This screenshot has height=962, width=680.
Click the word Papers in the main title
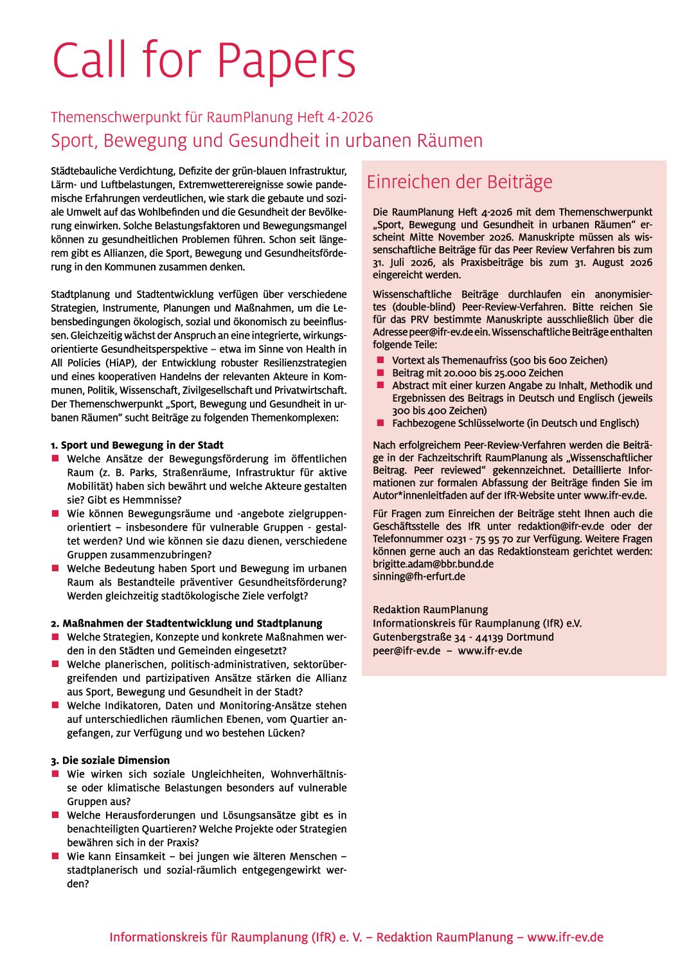(286, 61)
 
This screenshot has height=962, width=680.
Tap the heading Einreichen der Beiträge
(460, 182)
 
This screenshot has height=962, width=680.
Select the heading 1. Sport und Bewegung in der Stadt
(137, 445)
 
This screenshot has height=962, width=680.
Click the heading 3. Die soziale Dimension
(110, 760)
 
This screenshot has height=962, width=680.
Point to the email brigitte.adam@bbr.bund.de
(433, 564)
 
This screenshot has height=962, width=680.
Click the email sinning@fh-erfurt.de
(419, 576)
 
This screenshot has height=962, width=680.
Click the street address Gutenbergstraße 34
(419, 637)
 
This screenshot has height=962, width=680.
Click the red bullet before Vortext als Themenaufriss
(380, 360)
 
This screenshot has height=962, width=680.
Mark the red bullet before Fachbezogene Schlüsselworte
(380, 423)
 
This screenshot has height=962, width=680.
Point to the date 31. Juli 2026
(413, 262)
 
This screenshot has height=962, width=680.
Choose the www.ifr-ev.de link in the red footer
(565, 937)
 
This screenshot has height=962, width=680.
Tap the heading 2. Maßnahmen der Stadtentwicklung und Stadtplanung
(186, 623)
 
